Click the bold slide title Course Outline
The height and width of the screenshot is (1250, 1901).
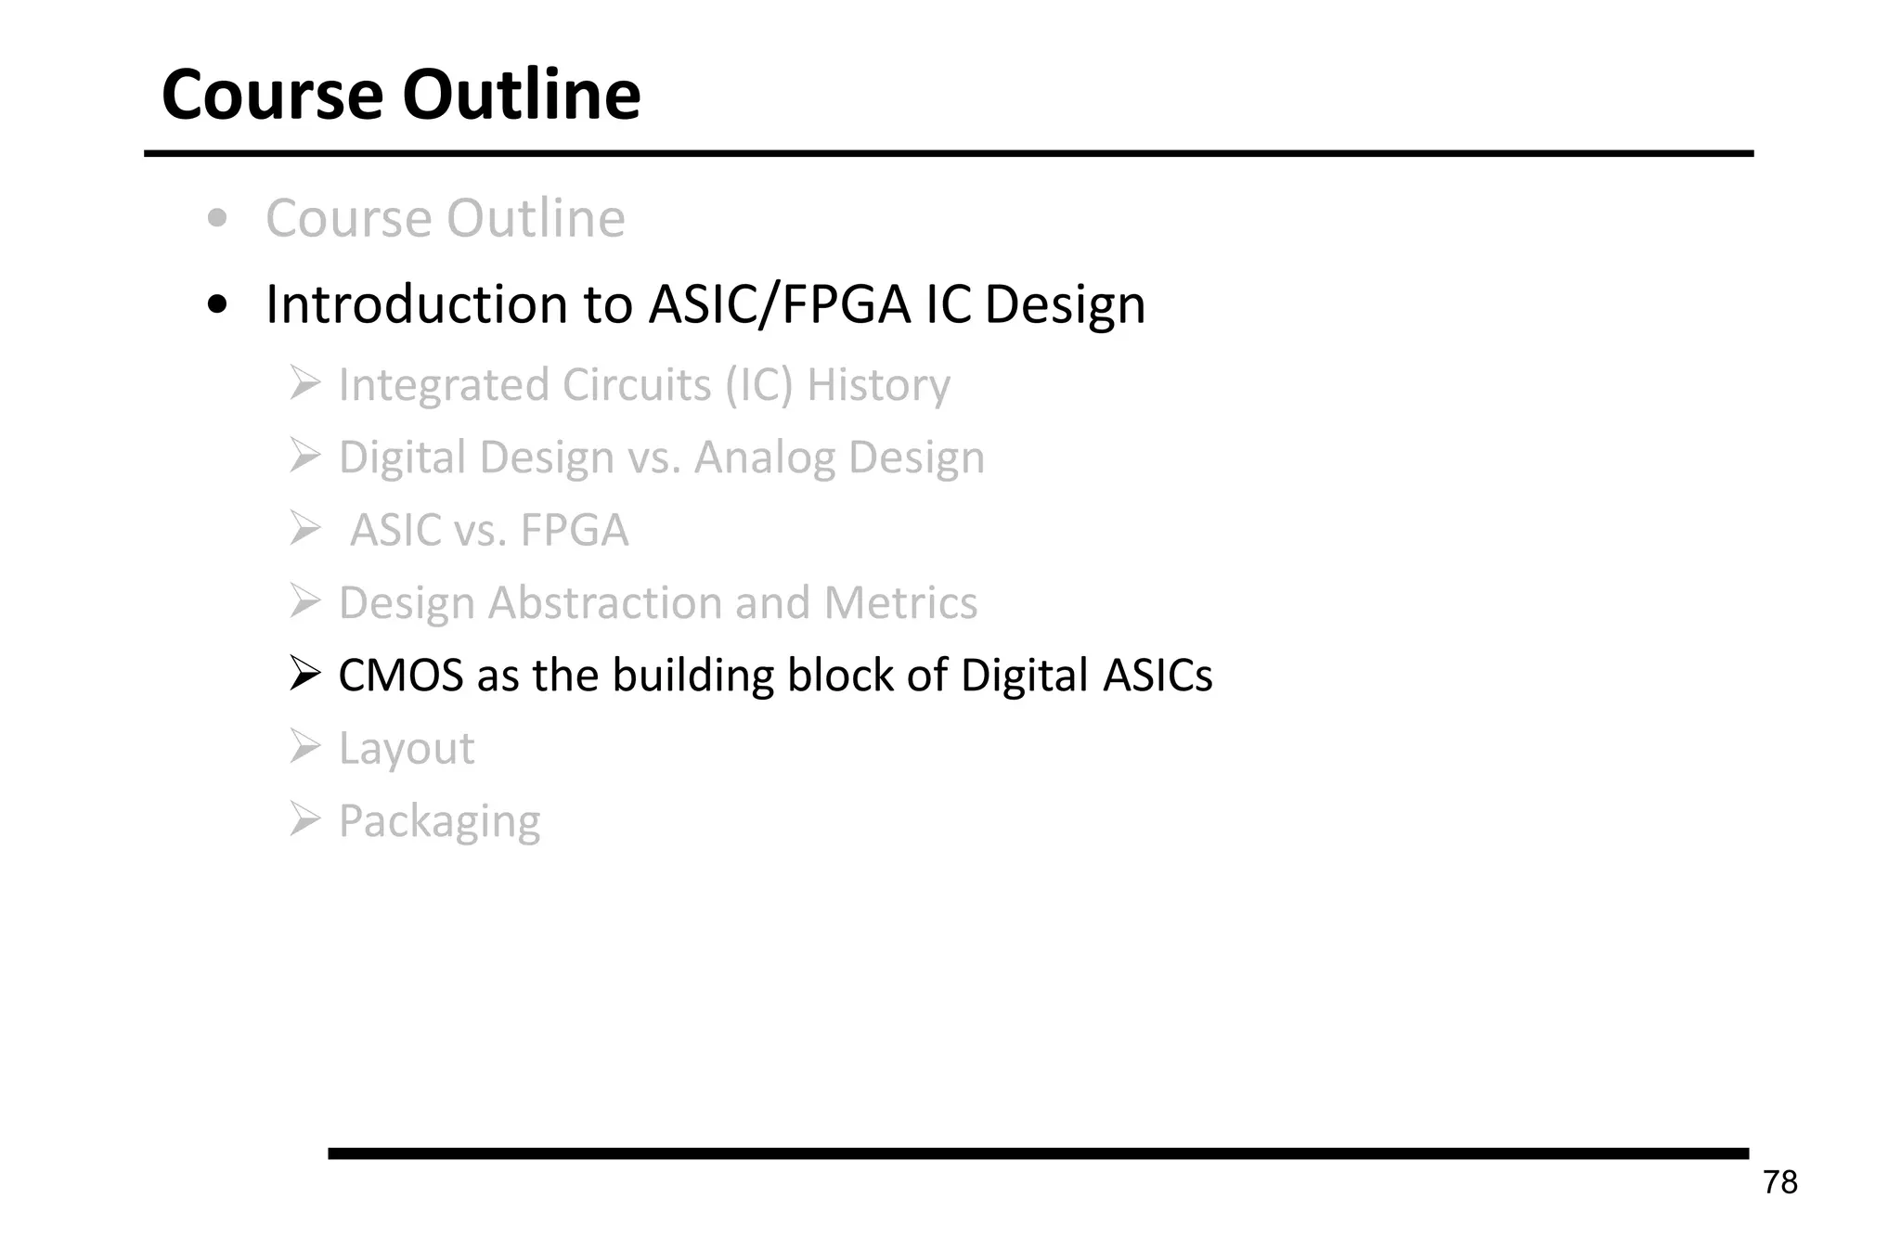tap(401, 95)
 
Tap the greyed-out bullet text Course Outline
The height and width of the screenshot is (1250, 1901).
tap(445, 219)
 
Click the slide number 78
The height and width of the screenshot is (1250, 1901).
tap(1779, 1182)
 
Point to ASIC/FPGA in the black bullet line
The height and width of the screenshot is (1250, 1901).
tap(779, 304)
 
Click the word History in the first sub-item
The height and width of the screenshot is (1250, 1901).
tap(878, 385)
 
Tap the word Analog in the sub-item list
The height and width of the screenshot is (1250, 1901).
tap(764, 457)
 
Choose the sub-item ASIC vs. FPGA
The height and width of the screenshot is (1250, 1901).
tap(488, 531)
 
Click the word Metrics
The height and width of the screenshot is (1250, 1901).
tap(899, 603)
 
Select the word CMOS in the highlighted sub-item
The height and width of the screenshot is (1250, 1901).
tap(400, 676)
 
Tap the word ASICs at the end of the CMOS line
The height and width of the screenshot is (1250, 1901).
tap(1157, 676)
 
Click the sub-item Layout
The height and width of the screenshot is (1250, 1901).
tap(407, 748)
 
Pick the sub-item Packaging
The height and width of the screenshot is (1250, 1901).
tap(439, 821)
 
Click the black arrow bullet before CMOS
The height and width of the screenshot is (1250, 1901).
tap(304, 674)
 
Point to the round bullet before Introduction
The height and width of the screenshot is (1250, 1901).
tap(218, 305)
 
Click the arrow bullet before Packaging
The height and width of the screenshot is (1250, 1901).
tap(304, 819)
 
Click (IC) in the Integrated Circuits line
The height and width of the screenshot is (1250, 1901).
tap(758, 385)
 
